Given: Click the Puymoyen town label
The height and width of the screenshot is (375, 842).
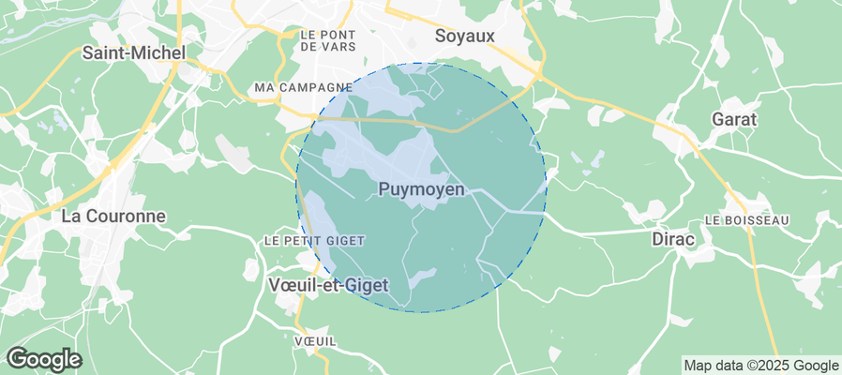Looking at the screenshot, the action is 421,189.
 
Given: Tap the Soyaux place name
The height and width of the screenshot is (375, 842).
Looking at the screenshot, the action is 465,37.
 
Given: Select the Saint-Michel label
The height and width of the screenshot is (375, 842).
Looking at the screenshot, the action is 133,53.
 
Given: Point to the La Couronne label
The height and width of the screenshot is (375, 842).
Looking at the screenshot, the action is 113,216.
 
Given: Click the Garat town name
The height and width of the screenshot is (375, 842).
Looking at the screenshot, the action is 735,120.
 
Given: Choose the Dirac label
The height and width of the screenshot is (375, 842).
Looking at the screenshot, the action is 673,240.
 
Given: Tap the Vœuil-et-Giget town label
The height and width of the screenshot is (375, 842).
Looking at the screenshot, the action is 328,285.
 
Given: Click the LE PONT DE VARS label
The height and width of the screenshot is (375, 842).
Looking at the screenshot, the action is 324,39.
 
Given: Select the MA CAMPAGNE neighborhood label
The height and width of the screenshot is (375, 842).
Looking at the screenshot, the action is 303,87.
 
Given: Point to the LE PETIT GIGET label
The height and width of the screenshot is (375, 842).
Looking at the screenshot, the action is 313,241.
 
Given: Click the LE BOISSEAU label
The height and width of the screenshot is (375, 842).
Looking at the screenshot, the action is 746,220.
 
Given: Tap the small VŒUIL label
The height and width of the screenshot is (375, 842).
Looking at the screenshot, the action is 314,339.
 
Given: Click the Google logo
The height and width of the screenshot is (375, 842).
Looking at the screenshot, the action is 43,358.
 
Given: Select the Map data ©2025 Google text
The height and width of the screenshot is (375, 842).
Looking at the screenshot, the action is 760,366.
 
